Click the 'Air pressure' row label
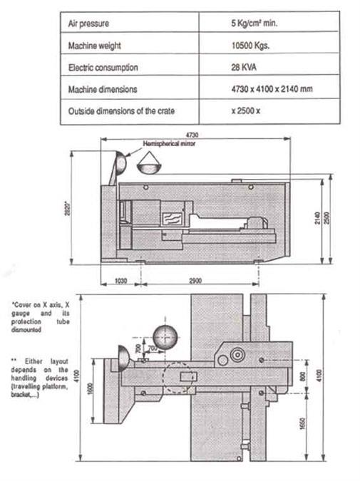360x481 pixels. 88,24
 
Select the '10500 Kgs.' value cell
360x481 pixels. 250,46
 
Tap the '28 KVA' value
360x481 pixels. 244,67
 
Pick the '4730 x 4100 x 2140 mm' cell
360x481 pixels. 272,89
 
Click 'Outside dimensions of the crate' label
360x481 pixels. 121,110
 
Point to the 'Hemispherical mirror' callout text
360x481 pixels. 169,143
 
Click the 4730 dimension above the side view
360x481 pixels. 192,135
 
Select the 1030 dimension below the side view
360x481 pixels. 120,281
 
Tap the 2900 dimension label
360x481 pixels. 195,281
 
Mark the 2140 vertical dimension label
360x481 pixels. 318,218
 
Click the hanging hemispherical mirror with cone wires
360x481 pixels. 149,163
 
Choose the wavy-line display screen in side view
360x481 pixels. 173,219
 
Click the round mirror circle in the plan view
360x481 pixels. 165,337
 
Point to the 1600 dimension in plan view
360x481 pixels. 90,389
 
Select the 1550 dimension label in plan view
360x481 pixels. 302,423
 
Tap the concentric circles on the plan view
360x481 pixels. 237,356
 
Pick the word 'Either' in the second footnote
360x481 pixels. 33,361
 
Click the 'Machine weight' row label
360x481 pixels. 95,46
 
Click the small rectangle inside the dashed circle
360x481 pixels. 187,376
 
